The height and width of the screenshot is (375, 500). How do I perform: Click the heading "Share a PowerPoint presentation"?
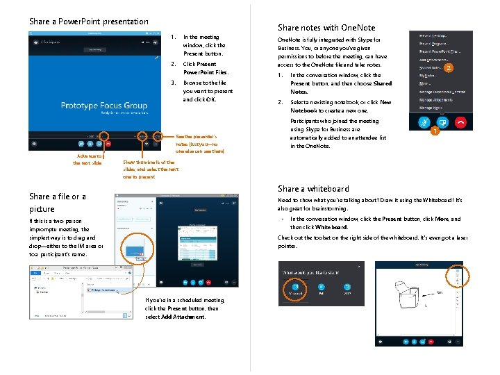88,22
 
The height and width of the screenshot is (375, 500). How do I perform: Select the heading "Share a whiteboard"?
313,189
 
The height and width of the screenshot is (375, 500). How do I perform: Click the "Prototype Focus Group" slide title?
104,106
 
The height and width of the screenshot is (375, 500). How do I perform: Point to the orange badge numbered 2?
449,68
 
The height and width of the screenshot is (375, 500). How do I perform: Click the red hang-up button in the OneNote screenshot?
460,121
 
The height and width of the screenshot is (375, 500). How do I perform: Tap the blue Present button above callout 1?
442,121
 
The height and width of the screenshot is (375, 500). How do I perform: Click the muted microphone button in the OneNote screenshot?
422,121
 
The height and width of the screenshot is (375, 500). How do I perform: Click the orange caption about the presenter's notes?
203,143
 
